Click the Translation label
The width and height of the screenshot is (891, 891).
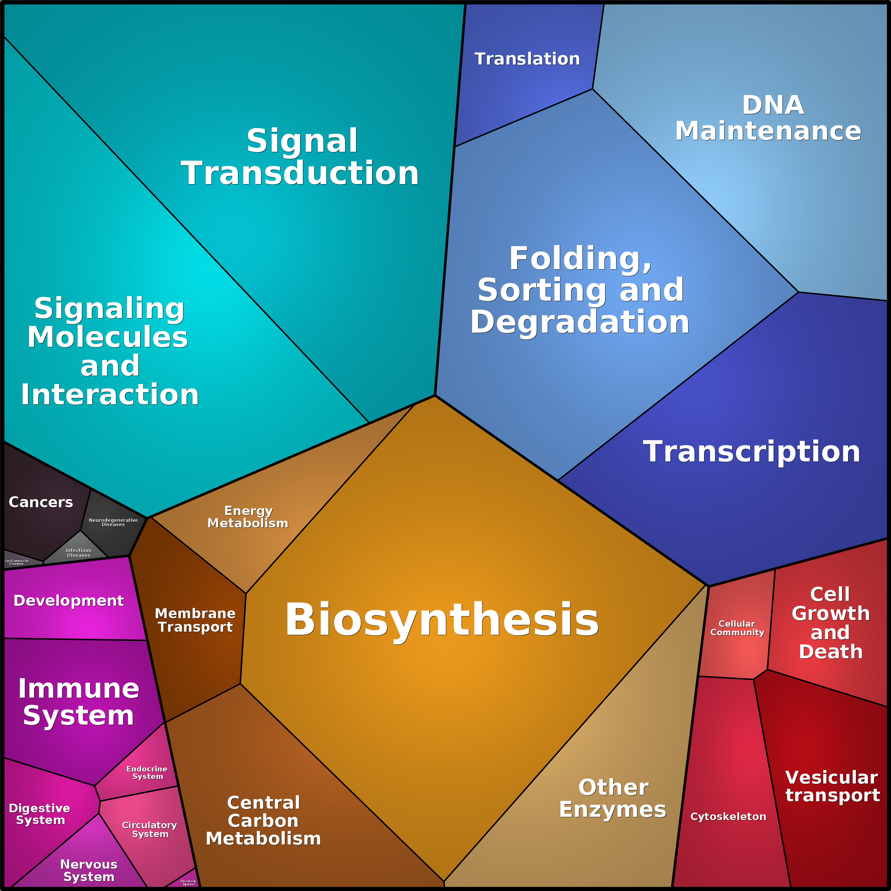click(527, 59)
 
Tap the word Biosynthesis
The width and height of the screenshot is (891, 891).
click(442, 619)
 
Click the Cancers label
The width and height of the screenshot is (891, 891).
click(40, 502)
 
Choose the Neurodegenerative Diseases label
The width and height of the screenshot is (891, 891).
click(113, 522)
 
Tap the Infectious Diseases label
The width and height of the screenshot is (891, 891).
click(78, 553)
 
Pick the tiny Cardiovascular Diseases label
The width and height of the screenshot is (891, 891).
click(16, 562)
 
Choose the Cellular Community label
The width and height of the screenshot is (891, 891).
click(737, 628)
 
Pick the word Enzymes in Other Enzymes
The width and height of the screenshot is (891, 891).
click(613, 810)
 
